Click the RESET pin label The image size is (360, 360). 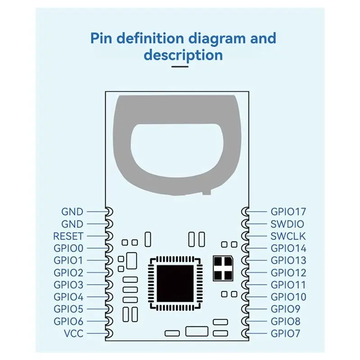tap(68, 236)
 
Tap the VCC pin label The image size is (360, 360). tap(73, 333)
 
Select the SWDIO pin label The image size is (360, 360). tap(287, 224)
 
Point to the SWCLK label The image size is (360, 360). tap(288, 236)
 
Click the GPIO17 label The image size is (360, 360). tap(288, 211)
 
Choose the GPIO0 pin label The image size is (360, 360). tap(68, 248)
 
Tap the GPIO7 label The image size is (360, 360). tap(285, 333)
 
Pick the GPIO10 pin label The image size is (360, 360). tap(288, 297)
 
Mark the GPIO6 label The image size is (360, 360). tap(68, 321)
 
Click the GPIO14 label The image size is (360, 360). tap(288, 248)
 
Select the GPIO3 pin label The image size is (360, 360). tap(68, 285)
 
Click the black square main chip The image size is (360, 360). tap(175, 284)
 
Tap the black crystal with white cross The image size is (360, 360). tap(223, 268)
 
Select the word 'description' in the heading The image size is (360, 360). tap(183, 55)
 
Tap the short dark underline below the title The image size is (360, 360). tap(180, 67)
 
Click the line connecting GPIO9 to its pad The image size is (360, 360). tap(256, 309)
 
